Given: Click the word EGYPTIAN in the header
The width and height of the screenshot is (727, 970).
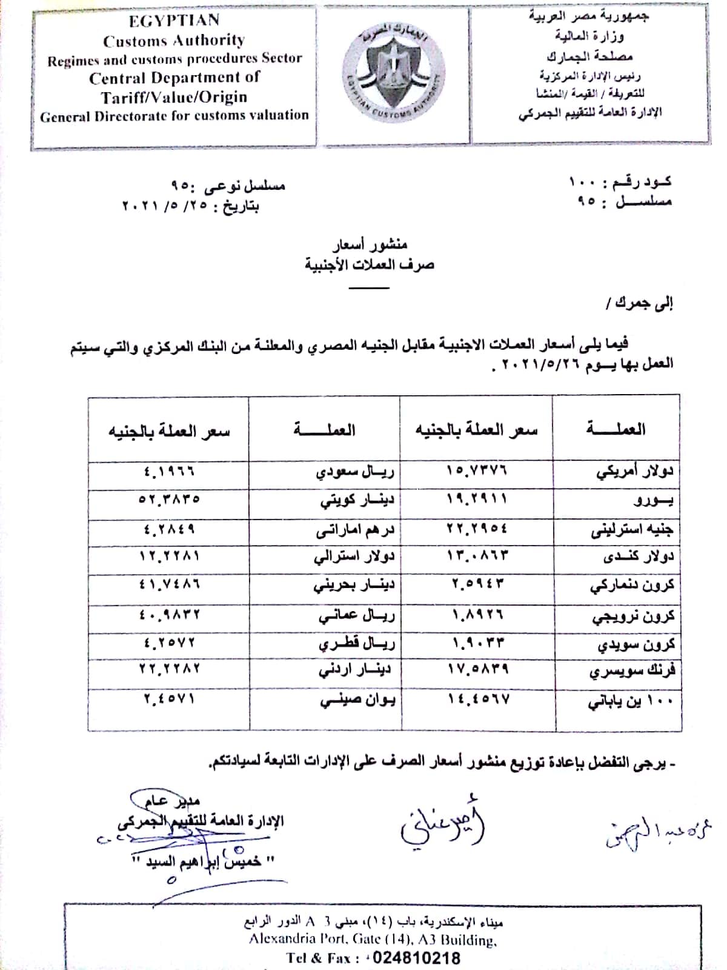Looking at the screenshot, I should click(174, 21).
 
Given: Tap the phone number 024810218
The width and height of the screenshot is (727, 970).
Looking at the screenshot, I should click(416, 958).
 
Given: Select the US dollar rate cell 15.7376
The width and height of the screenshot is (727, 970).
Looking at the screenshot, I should click(477, 470).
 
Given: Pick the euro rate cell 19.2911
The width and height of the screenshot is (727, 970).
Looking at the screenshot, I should click(477, 499).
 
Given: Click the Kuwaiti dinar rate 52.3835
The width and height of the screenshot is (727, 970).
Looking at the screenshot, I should click(169, 500).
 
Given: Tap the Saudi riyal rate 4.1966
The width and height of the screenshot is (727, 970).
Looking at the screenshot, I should click(170, 470).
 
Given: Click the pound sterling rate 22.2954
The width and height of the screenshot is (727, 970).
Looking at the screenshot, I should click(477, 529).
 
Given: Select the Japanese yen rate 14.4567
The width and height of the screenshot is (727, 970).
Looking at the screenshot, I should click(479, 699).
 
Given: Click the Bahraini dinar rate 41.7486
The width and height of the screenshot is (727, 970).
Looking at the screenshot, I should click(170, 584).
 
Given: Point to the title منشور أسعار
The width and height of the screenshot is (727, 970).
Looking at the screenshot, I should click(370, 244).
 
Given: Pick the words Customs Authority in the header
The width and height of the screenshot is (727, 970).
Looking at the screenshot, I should click(174, 41).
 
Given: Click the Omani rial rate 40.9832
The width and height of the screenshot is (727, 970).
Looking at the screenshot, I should click(169, 614).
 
